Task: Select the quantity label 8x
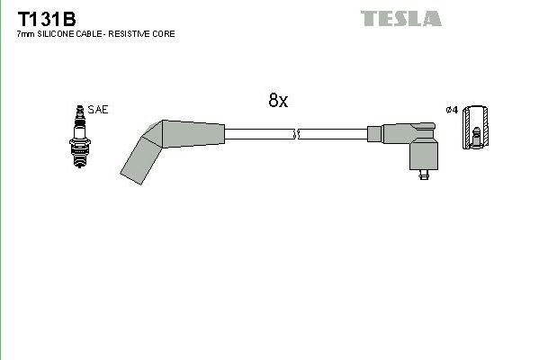(x=277, y=101)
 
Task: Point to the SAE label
(x=99, y=110)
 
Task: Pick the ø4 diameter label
(x=452, y=110)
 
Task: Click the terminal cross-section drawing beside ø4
(x=475, y=128)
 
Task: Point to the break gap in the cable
(x=296, y=134)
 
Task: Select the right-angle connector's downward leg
(x=423, y=155)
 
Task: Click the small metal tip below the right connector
(x=423, y=178)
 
